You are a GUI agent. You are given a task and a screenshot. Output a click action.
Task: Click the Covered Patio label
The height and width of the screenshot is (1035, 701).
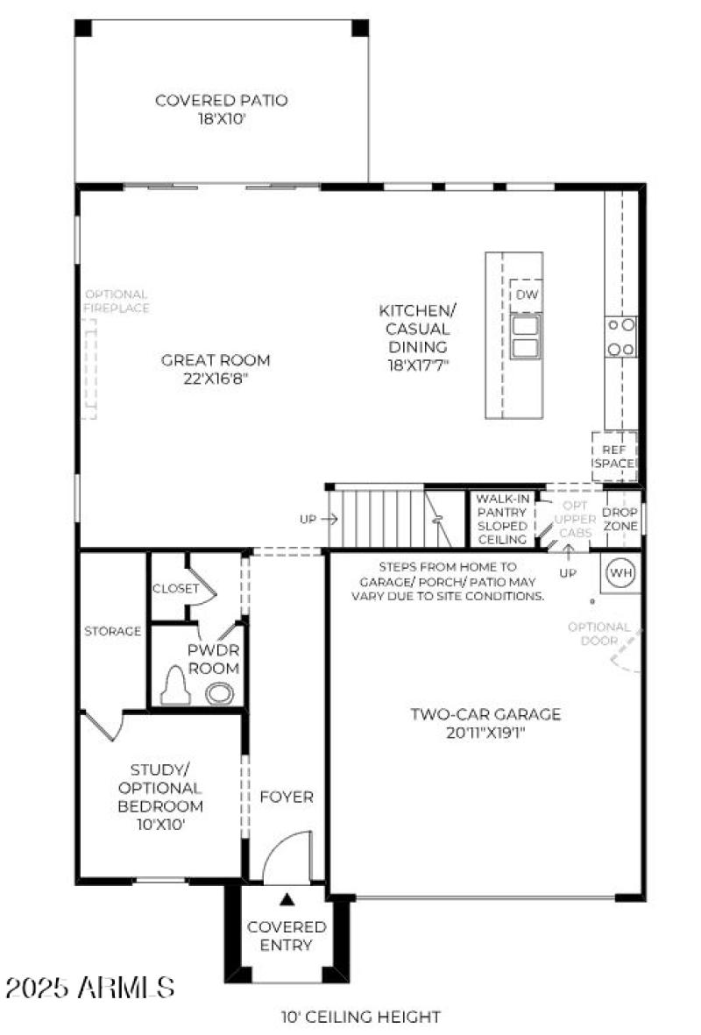pos(221,101)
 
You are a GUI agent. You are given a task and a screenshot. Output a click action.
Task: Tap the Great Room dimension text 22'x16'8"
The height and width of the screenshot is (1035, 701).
pos(215,378)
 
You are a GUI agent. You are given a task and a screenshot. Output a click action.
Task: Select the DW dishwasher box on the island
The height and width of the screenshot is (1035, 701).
pos(526,294)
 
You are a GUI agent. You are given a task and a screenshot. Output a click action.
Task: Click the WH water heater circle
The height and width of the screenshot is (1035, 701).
pos(620,572)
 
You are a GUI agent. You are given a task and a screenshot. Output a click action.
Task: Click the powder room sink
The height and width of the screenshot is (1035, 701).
pos(219,693)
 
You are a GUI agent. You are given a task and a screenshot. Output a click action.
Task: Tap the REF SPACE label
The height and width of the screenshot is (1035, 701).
pos(614,456)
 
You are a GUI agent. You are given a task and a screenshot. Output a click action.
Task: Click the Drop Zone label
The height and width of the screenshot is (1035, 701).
pos(620,519)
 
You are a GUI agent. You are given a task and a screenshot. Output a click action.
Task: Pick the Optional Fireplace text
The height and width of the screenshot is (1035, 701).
pos(116,301)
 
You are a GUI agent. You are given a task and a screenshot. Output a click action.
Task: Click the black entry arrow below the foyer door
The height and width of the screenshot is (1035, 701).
pos(287,898)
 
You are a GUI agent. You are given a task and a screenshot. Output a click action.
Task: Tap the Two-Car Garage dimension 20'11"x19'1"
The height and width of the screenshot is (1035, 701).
pos(485,733)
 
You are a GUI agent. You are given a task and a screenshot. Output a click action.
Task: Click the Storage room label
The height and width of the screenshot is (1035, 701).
pos(113,631)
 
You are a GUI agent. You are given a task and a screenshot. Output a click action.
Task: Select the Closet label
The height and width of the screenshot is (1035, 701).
pos(175,589)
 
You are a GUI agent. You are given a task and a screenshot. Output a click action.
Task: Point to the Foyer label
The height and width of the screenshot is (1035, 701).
pos(287,797)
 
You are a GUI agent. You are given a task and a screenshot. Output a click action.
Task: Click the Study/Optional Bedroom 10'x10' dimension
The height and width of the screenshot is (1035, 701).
pos(160,824)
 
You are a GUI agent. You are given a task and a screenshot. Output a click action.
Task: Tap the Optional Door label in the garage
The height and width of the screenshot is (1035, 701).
pos(598,634)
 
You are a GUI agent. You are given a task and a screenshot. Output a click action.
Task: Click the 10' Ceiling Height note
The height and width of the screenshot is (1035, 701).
pos(360,1017)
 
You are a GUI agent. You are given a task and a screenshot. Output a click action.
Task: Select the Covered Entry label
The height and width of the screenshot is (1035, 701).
pos(287,935)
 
